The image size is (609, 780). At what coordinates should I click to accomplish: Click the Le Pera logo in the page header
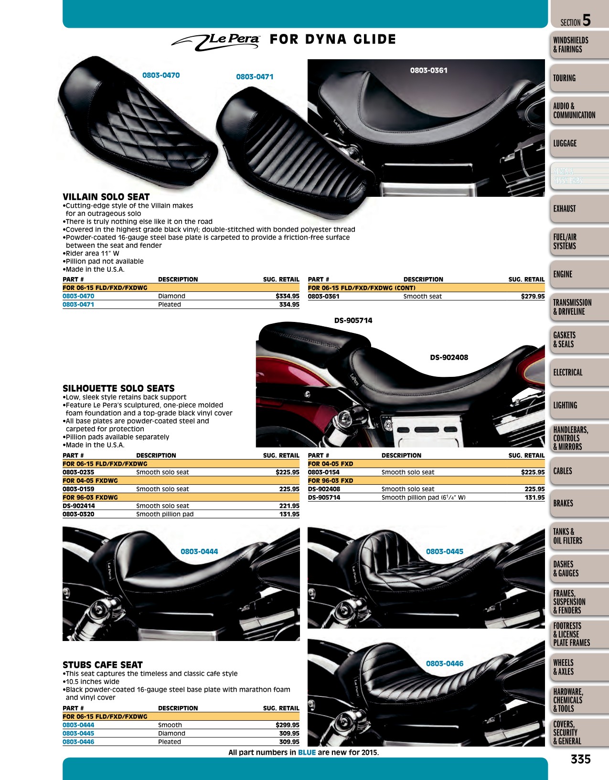pos(215,43)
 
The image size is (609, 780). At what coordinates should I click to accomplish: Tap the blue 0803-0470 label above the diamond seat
pos(161,75)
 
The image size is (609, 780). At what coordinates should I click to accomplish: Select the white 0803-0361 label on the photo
pos(429,70)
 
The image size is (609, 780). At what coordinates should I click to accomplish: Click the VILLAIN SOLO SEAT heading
pos(106,197)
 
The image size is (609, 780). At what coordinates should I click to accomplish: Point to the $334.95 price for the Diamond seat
pos(287,296)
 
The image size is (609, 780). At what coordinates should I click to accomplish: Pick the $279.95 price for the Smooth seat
pos(533,297)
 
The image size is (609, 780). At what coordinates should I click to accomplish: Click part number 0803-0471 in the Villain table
pos(78,304)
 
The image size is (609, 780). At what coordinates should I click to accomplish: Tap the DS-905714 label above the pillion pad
pos(353,321)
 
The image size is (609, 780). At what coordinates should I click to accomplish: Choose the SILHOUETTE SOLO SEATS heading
pos(118,388)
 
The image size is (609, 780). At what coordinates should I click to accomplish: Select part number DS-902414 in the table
pos(79,506)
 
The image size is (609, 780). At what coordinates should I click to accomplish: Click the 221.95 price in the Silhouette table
pos(289,506)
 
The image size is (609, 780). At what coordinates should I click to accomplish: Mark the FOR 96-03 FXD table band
pos(426,481)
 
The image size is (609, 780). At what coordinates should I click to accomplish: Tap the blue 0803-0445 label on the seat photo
pos(444,551)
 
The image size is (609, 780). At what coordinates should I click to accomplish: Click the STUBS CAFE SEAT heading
pos(102,665)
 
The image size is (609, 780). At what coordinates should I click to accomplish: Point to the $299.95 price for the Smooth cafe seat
pos(287,725)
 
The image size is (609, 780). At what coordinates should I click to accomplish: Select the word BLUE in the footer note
pos(307,752)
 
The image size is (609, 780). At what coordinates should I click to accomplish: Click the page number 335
pos(581,759)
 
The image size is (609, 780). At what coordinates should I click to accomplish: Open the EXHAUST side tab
pos(564,209)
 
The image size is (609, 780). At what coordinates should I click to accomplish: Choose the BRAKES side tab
pos(563,503)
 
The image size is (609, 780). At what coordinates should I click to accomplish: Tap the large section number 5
pos(587,21)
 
